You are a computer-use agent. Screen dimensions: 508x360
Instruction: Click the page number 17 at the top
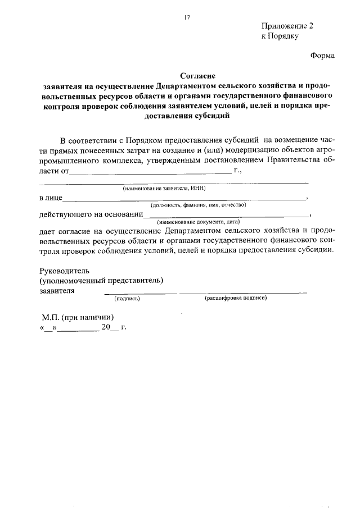pyautogui.click(x=187, y=17)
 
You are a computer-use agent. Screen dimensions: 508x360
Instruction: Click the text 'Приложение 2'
pyautogui.click(x=286, y=26)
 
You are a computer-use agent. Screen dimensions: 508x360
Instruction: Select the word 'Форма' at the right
pyautogui.click(x=323, y=56)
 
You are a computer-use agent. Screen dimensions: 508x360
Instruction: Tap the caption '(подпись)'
pyautogui.click(x=127, y=298)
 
